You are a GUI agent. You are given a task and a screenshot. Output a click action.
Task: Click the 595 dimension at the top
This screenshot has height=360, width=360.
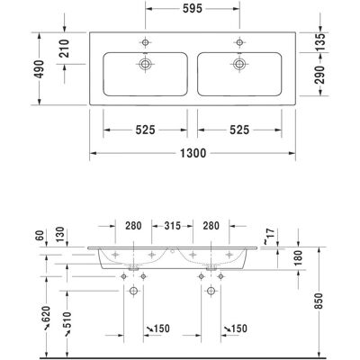click(193, 8)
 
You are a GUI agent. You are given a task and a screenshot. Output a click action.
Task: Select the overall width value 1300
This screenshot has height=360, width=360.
click(193, 153)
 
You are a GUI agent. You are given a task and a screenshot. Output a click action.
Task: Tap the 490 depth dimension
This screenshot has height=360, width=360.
click(39, 69)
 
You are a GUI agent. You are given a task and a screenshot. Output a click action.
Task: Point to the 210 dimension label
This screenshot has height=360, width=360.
click(64, 49)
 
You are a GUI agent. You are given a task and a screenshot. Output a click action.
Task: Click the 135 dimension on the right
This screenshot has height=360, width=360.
click(320, 42)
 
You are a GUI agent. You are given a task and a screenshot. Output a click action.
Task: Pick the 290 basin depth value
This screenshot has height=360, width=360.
click(320, 75)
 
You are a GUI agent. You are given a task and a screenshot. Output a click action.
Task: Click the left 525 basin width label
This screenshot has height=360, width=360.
click(145, 130)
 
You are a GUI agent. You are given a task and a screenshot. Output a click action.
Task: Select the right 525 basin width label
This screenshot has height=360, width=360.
click(239, 130)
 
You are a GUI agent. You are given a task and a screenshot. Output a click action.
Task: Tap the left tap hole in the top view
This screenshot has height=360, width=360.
click(145, 42)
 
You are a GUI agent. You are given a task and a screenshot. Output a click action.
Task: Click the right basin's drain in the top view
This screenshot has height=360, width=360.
click(239, 64)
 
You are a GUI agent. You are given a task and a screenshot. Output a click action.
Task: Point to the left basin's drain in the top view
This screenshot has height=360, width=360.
click(145, 64)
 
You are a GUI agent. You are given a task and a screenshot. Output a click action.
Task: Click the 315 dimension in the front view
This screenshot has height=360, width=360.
click(172, 226)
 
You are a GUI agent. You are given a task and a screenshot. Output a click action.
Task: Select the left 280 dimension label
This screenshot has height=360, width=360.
click(133, 226)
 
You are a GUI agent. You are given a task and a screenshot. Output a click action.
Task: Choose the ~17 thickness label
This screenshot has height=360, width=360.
click(269, 236)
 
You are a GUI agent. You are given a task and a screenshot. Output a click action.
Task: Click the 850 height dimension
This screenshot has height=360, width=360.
click(319, 301)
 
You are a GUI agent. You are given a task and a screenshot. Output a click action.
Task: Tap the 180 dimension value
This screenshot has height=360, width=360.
click(298, 258)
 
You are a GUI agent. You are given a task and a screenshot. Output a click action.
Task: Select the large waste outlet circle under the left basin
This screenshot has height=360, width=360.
click(133, 291)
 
